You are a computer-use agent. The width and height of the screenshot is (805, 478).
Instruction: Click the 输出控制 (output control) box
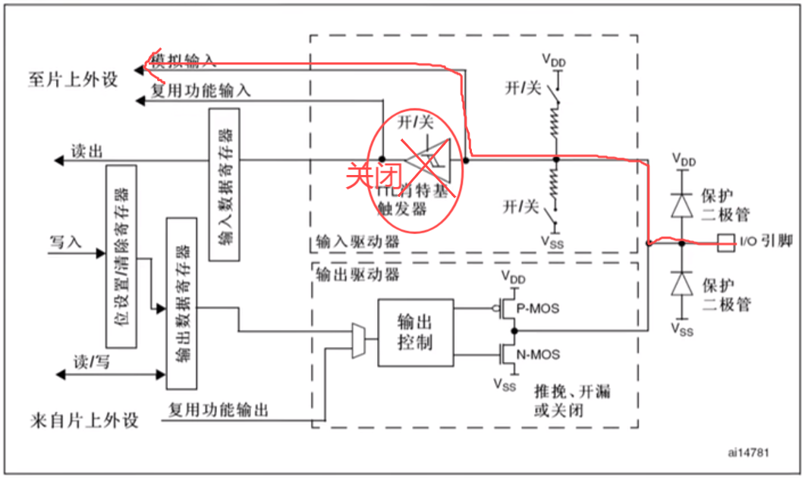(415, 333)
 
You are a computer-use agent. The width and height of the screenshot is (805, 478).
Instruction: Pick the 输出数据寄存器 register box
(181, 303)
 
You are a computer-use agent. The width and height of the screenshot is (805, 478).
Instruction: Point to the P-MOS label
(537, 308)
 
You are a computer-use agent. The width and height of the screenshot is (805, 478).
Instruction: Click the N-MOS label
(537, 355)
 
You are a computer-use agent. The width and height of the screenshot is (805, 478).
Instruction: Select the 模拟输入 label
(184, 61)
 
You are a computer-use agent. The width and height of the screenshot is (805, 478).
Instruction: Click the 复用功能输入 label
(200, 91)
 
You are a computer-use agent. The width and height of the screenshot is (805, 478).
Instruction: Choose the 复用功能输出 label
(219, 411)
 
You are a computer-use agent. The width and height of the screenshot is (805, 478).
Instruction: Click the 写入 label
(65, 242)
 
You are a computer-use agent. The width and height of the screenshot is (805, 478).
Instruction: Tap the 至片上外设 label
(74, 78)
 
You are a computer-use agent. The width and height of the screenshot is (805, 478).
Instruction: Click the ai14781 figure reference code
(747, 452)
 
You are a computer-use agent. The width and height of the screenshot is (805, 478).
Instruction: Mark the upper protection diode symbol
(682, 204)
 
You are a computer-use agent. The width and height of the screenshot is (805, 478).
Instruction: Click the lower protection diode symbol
(682, 282)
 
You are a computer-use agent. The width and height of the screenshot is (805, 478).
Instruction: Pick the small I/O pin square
(725, 242)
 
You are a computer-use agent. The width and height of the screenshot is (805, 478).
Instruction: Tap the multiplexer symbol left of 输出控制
(359, 340)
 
